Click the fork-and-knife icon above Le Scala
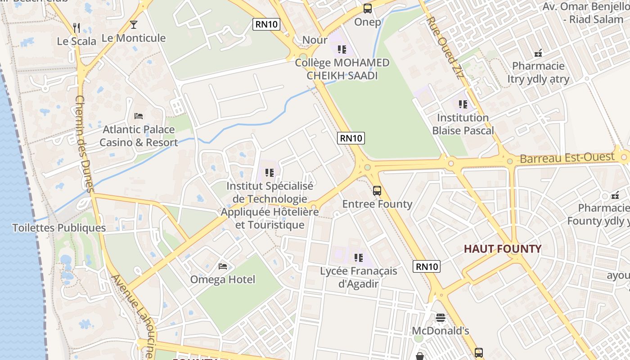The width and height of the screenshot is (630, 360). coord(76,28)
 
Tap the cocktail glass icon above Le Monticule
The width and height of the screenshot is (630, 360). coord(133,24)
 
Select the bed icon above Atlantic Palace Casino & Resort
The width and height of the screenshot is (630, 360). coord(139,116)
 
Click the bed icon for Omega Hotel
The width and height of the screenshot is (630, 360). coord(223,266)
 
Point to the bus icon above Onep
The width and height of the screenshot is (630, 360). coord(368,9)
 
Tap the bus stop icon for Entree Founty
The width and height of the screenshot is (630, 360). coord(377,191)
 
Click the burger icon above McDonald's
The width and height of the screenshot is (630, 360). coord(440,318)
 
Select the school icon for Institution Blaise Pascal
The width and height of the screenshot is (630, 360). coord(463,104)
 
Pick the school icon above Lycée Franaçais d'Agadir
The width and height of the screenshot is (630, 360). coord(358,258)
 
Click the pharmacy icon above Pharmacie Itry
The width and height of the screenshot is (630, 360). coord(538,53)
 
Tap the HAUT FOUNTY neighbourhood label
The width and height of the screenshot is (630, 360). coord(503,249)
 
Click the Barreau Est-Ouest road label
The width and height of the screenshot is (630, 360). coord(567,158)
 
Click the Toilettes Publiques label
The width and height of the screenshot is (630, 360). coord(59,228)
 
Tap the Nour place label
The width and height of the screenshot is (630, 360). coord(315,40)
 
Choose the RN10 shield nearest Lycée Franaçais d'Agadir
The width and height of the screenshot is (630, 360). coord(426,266)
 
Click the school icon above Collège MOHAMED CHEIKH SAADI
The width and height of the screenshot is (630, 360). coord(342,49)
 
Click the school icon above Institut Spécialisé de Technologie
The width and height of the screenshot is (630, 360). coord(270,172)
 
